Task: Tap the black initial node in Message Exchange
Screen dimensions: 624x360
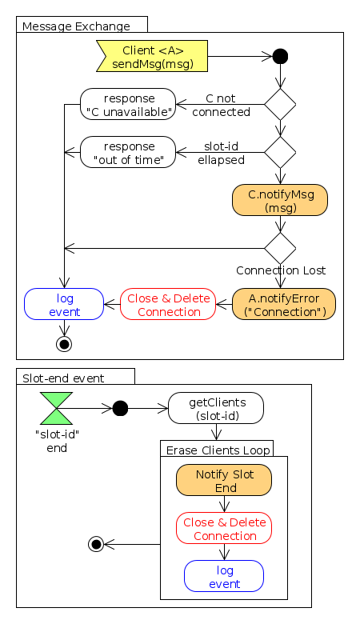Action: [x=280, y=57]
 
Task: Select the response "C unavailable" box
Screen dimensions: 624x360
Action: [x=128, y=104]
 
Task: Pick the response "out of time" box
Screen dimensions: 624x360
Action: [x=128, y=152]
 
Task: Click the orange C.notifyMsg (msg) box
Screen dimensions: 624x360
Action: [x=280, y=200]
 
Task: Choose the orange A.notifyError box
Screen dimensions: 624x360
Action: [x=284, y=304]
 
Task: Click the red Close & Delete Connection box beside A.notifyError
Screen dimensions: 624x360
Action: [x=168, y=304]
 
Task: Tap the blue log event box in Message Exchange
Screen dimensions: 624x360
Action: [x=64, y=304]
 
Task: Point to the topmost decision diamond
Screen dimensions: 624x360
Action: [x=280, y=104]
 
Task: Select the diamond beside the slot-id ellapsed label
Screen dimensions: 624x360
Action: [x=280, y=152]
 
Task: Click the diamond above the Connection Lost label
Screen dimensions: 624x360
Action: [x=280, y=248]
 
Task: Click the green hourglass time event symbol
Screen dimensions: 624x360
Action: [x=56, y=408]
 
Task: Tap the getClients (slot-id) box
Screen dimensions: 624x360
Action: [x=216, y=408]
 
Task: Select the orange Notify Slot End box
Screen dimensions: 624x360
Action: [x=224, y=480]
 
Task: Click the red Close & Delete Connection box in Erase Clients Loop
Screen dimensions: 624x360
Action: [x=224, y=528]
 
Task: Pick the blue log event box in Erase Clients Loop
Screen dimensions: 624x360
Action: [x=224, y=576]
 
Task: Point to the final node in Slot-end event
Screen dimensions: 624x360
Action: [x=96, y=544]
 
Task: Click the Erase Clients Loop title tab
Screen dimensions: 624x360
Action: [x=217, y=449]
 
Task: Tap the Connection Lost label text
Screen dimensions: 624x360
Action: [x=280, y=270]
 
